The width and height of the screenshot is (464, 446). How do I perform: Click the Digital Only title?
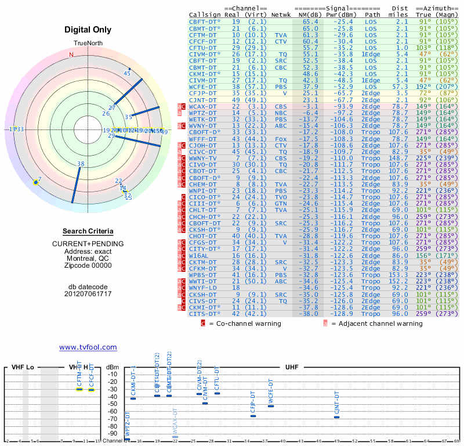88,30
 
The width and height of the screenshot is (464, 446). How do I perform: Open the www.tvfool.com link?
88,347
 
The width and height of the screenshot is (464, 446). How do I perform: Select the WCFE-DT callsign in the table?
203,87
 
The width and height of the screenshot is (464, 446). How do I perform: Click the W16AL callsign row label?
199,255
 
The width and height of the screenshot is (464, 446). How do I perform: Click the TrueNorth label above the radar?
88,44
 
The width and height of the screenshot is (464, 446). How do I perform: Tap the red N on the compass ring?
72,55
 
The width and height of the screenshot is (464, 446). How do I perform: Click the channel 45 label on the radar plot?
127,73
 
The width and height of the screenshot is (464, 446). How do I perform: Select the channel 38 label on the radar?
81,164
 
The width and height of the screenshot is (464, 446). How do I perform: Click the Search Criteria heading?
88,231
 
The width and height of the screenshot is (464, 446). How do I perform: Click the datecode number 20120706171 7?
88,294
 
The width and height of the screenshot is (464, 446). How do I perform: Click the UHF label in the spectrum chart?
292,368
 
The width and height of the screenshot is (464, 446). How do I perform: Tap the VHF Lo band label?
23,368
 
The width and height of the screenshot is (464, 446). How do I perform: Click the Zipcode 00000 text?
88,265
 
